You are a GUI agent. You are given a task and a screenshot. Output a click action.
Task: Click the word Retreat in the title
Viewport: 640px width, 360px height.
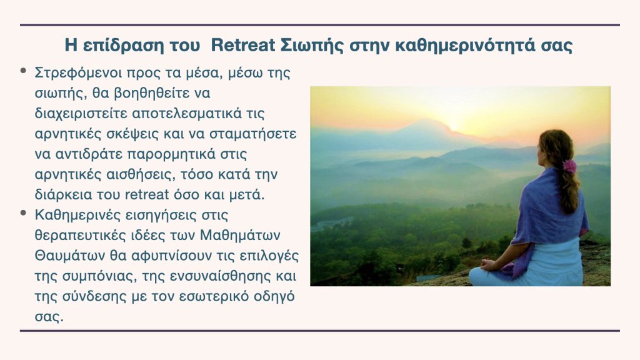pos(243,45)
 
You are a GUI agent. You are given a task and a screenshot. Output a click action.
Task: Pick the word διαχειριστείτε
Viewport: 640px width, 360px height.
pos(81,114)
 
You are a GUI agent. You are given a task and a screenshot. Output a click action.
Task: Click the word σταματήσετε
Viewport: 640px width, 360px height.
pos(253,134)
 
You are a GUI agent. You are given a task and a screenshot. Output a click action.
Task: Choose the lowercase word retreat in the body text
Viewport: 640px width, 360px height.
pos(147,195)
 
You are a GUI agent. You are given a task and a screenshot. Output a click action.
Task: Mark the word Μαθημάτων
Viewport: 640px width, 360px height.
pos(241,236)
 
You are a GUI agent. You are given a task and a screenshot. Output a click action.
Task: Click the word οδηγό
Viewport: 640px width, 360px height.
pos(274,297)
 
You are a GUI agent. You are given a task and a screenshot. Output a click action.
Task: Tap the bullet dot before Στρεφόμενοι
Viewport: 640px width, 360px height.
pos(24,71)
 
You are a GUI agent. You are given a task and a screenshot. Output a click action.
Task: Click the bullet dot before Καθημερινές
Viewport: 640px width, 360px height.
pos(24,213)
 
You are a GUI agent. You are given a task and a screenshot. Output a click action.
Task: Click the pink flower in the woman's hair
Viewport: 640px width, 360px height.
pos(569,166)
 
